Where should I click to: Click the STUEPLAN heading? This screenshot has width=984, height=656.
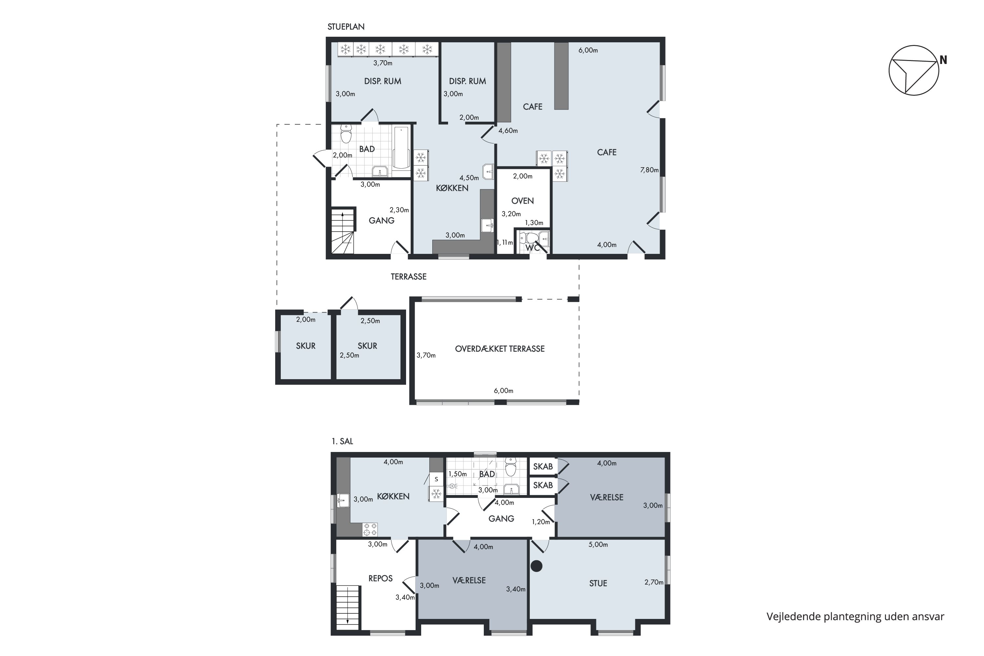point(346,27)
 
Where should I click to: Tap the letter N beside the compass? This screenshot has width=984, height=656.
point(943,60)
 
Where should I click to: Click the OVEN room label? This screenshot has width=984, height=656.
point(523,201)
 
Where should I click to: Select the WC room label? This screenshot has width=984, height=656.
point(532,248)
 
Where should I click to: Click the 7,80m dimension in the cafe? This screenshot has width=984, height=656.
point(649,170)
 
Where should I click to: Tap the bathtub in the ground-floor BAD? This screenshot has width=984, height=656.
point(401,147)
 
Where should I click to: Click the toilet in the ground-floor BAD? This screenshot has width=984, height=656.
point(346,134)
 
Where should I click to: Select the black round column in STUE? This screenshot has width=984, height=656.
point(536,566)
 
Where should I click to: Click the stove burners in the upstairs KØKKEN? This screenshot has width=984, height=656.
point(370,529)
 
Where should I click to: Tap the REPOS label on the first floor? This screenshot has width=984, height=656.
point(380,579)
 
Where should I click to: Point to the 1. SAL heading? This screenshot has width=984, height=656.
point(342,441)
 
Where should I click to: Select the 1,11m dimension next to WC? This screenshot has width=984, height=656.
point(504,243)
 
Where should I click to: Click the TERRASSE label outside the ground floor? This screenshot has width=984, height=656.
point(409,277)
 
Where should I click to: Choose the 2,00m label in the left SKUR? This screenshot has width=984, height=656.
point(306,319)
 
